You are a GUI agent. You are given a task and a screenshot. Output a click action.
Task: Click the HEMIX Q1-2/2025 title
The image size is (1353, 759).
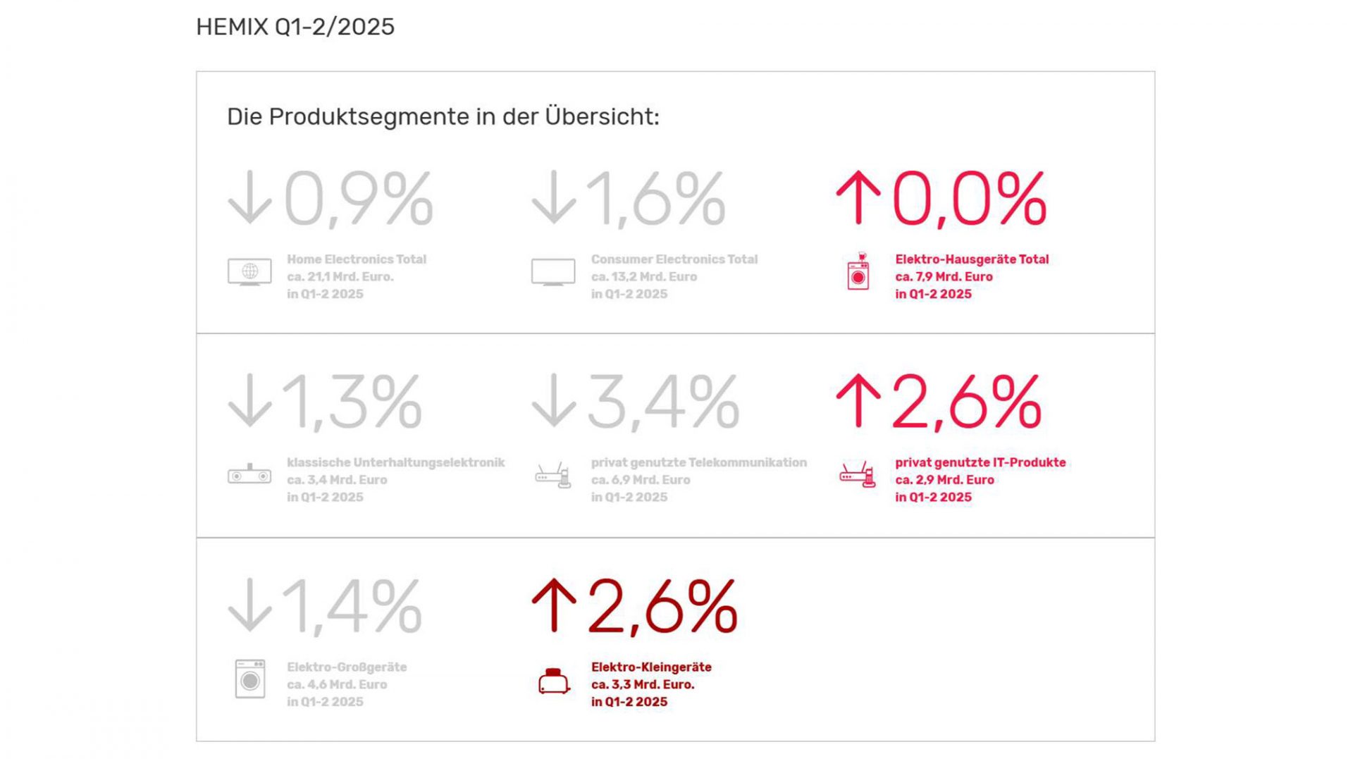[295, 27]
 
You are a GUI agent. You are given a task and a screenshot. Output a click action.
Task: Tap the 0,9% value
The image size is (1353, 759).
[358, 199]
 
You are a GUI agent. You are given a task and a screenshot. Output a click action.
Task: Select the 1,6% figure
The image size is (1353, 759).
[655, 199]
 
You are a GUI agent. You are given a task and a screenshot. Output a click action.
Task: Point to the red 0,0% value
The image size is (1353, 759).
[969, 199]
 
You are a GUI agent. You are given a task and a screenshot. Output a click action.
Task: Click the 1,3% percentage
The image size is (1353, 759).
[352, 402]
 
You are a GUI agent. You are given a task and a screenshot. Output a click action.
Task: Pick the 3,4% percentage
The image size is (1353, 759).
[663, 402]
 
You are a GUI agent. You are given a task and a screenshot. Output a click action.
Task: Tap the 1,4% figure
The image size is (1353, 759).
[352, 607]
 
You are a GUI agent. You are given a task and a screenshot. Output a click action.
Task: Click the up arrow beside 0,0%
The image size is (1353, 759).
[858, 198]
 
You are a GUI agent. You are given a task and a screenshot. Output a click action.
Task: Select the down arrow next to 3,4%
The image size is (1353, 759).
[554, 400]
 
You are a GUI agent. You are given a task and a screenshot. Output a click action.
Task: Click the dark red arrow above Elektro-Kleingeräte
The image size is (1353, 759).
[554, 605]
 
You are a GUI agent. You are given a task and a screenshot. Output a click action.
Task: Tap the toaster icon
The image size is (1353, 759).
[554, 681]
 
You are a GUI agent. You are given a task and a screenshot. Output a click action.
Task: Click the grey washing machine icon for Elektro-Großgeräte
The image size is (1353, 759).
[250, 679]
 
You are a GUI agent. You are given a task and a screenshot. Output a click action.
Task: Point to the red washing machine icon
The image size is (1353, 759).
[858, 272]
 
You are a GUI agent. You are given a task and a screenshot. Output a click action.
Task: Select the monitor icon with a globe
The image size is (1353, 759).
[249, 272]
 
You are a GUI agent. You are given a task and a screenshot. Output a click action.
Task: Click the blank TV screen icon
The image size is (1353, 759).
[553, 272]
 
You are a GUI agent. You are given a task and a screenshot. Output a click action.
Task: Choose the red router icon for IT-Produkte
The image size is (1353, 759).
[858, 475]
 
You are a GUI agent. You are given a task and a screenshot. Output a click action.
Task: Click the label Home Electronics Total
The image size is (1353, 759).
[357, 259]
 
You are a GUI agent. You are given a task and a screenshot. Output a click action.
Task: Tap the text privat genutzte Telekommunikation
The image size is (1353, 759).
[698, 462]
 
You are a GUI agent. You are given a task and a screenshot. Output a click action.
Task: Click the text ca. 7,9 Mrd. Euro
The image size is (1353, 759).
[944, 277]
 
